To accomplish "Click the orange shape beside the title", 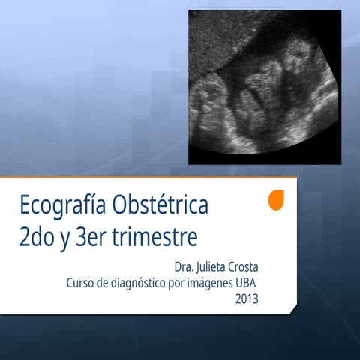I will [277, 200].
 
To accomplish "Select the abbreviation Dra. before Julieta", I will [184, 267].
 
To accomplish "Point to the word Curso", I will [80, 283].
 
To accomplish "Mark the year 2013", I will [247, 299].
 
